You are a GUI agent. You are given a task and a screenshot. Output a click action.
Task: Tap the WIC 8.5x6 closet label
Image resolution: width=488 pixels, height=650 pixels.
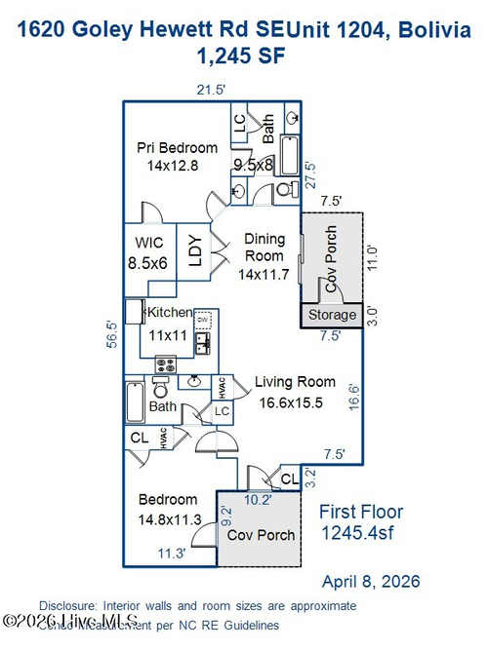[x=148, y=252]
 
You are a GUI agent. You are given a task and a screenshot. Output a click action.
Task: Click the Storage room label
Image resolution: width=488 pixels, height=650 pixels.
[x=331, y=316]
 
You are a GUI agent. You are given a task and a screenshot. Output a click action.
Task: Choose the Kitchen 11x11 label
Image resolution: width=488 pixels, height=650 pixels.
[x=169, y=323]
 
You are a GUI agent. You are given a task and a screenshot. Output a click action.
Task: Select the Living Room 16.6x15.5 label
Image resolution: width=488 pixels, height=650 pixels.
[x=295, y=392]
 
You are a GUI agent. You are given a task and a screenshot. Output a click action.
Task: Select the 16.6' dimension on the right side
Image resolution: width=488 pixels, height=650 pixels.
[x=355, y=400]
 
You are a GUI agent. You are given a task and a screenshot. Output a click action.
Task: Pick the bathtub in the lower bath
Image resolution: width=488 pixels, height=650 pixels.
[x=135, y=401]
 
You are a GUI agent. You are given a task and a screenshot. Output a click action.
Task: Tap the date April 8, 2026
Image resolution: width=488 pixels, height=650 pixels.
[x=371, y=582]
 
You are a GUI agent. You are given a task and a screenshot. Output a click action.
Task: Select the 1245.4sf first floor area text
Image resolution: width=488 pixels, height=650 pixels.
[x=360, y=533]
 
